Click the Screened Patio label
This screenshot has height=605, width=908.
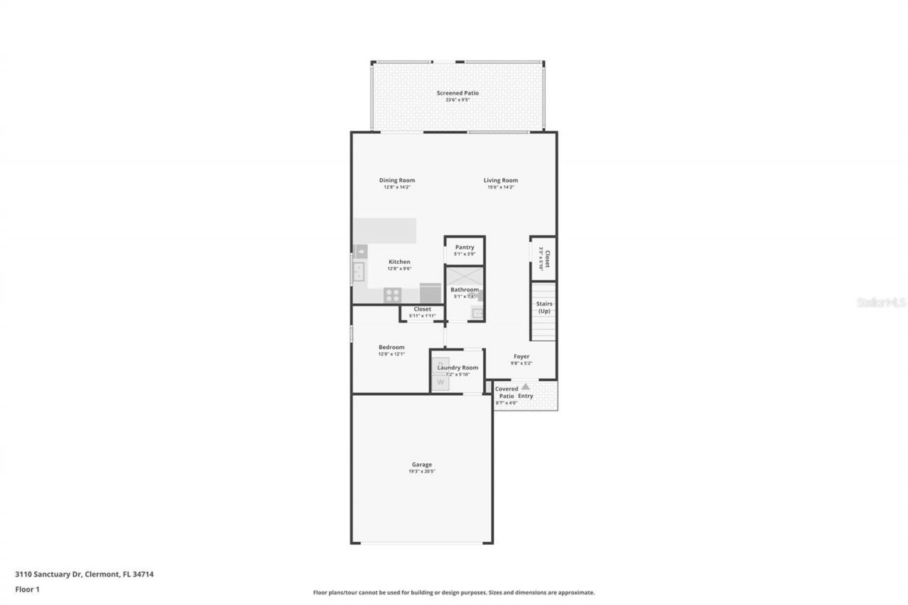click(458, 93)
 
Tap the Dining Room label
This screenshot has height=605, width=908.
click(397, 180)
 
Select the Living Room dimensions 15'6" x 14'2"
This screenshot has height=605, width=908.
click(500, 187)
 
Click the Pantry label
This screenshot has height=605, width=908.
click(465, 247)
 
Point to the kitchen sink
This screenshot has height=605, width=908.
click(359, 270)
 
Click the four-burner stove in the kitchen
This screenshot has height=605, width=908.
click(392, 294)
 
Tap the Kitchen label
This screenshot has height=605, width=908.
click(399, 262)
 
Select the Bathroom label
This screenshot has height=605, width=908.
click(465, 289)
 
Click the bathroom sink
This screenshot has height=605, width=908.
click(477, 313)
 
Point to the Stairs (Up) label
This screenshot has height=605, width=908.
click(544, 307)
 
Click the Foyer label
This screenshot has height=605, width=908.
click(521, 356)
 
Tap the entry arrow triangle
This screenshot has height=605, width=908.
click(526, 387)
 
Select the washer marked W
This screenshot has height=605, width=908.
click(441, 382)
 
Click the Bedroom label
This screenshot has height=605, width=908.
click(391, 347)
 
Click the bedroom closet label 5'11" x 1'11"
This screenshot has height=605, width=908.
click(422, 316)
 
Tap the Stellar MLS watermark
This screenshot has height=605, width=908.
click(881, 302)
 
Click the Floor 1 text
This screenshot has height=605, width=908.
click(27, 589)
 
